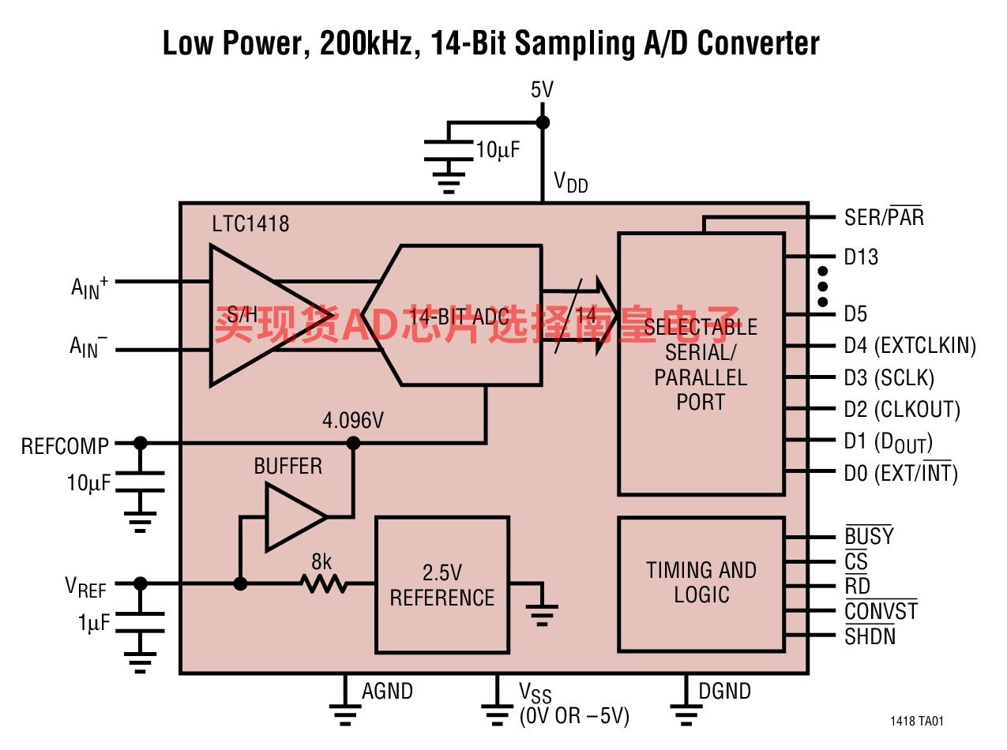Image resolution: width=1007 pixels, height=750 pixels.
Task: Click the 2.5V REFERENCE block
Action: [x=442, y=585]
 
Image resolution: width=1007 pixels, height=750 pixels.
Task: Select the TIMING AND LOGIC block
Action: [x=701, y=584]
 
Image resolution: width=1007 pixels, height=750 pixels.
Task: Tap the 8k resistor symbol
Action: [x=323, y=583]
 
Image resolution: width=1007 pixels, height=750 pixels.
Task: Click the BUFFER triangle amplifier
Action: [x=296, y=517]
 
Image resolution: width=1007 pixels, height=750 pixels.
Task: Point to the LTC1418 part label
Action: [x=250, y=224]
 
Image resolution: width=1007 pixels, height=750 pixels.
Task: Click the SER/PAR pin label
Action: [x=884, y=216]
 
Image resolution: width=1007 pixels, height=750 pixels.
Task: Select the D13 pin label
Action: [x=861, y=257]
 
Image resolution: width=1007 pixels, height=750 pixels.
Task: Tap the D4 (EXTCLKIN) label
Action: [x=910, y=346]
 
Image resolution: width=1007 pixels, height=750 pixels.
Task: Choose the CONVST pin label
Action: [x=881, y=610]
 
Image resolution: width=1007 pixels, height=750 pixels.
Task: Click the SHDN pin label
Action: [x=870, y=636]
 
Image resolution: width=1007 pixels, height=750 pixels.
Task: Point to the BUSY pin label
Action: [x=869, y=535]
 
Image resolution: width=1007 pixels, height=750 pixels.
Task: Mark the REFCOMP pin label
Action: [x=65, y=446]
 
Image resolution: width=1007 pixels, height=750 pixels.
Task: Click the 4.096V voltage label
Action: [x=353, y=421]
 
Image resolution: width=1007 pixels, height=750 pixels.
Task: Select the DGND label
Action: [x=724, y=692]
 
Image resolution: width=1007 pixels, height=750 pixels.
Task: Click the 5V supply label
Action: [x=542, y=89]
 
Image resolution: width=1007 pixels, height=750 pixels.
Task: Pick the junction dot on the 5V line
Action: [x=543, y=122]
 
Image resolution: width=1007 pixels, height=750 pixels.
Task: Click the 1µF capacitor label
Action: [x=94, y=623]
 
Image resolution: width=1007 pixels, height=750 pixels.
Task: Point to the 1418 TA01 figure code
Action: [x=917, y=722]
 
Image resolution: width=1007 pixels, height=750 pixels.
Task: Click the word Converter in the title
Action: [x=758, y=43]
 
